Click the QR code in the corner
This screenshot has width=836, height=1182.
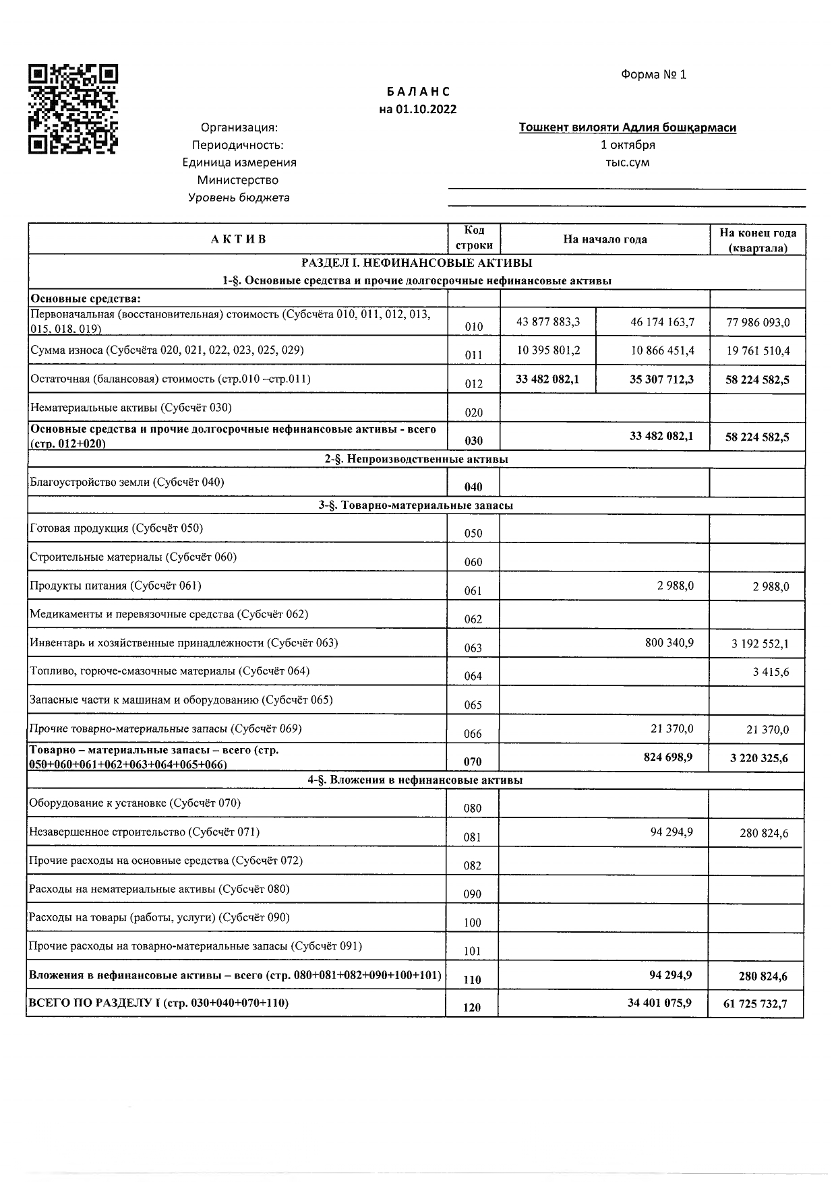click(73, 109)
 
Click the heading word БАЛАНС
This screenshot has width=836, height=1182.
click(418, 92)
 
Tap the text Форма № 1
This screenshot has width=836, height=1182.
click(653, 75)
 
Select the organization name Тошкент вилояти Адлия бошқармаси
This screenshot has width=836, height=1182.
click(627, 127)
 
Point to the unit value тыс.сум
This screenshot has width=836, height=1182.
click(627, 162)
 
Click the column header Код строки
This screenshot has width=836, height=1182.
click(473, 239)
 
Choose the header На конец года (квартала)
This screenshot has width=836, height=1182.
click(757, 240)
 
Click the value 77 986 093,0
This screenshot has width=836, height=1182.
click(758, 323)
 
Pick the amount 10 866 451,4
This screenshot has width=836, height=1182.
click(662, 351)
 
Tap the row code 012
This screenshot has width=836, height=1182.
click(474, 384)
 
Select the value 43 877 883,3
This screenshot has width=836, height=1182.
click(548, 322)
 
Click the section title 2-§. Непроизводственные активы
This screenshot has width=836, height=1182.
click(416, 459)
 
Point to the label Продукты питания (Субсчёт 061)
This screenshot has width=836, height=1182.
click(115, 586)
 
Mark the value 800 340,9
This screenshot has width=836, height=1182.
click(669, 643)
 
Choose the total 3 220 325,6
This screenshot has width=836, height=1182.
click(758, 758)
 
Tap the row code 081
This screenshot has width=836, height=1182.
click(473, 838)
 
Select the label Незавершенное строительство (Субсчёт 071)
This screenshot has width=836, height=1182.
click(144, 832)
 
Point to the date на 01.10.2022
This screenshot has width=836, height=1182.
click(417, 109)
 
